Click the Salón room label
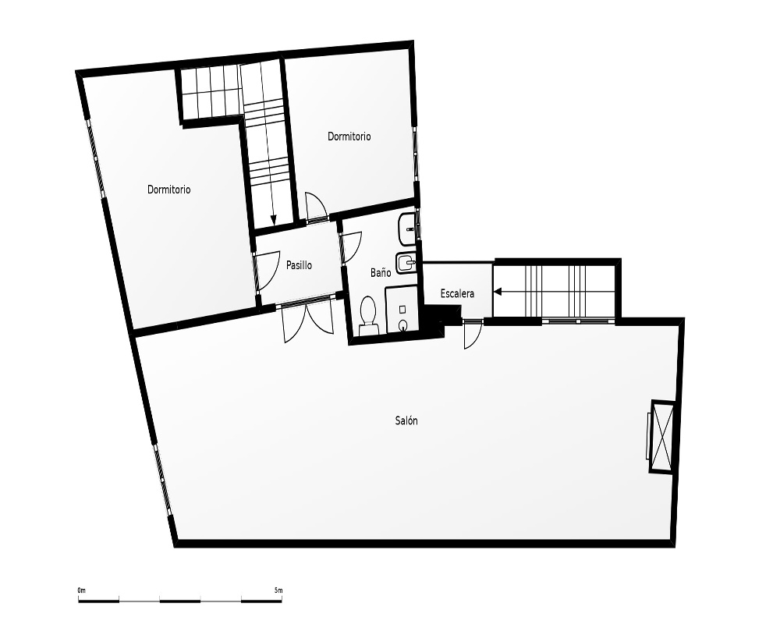pos(406,421)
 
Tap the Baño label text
pos(381,272)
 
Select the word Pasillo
pos(299,265)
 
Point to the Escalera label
pos(457,293)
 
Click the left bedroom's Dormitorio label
pos(169,190)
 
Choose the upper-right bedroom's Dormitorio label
pos(349,136)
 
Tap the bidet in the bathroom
pos(406,262)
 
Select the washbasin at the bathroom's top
pos(407,230)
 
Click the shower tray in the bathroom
pos(402,310)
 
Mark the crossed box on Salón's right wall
pos(662,436)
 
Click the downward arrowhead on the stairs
pos(272,219)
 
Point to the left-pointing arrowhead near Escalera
pos(498,292)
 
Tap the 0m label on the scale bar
pos(82,590)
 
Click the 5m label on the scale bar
pos(278,590)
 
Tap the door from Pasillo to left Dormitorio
pos(268,271)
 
